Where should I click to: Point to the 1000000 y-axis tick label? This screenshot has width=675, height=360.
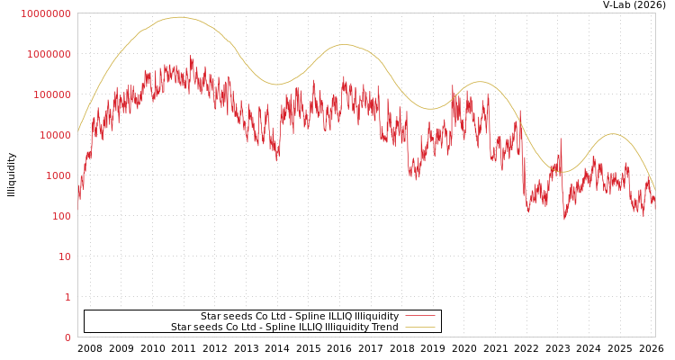click(x=49, y=54)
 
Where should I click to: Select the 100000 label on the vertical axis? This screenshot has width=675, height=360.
click(x=51, y=94)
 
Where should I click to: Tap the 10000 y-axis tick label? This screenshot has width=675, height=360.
click(x=54, y=135)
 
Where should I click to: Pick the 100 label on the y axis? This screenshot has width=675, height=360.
click(x=60, y=216)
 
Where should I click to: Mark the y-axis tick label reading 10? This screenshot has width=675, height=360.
click(x=65, y=256)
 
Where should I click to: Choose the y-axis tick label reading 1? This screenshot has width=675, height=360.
click(x=67, y=297)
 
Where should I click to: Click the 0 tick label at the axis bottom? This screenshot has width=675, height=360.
click(x=67, y=337)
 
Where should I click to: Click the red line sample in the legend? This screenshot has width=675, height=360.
click(x=420, y=316)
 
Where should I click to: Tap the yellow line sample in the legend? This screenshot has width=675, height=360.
click(x=420, y=327)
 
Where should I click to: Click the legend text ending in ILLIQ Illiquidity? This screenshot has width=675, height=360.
click(x=300, y=316)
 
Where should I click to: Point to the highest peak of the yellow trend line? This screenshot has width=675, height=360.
click(x=180, y=17)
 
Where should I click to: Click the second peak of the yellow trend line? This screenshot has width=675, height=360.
click(x=344, y=44)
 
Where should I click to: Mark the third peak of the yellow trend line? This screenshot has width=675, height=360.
click(x=480, y=82)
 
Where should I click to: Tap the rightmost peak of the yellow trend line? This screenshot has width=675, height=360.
click(x=613, y=134)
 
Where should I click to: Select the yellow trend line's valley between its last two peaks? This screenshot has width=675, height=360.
click(x=562, y=172)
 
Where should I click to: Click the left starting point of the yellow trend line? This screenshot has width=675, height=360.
click(x=78, y=131)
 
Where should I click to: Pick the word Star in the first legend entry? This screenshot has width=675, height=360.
click(x=210, y=316)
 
